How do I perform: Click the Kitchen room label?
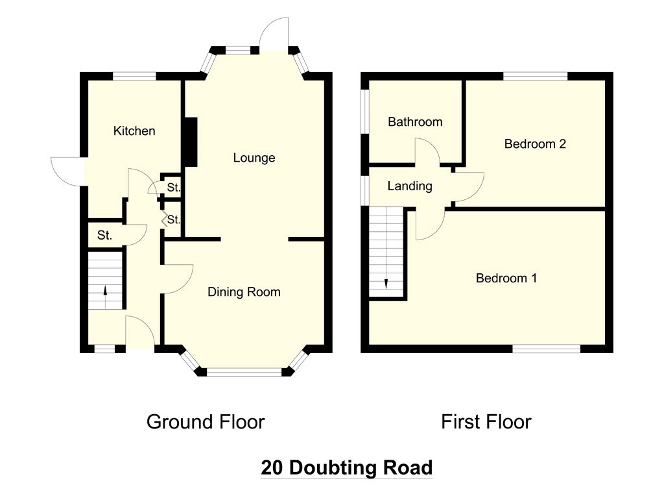pyautogui.click(x=134, y=130)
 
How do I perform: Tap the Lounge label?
pyautogui.click(x=254, y=158)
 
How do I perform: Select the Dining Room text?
pyautogui.click(x=244, y=292)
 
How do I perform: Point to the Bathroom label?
pyautogui.click(x=415, y=122)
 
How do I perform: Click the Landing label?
pyautogui.click(x=410, y=186)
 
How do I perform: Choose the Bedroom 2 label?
pyautogui.click(x=535, y=144)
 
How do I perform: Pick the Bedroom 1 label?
pyautogui.click(x=506, y=278)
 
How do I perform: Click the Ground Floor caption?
pyautogui.click(x=206, y=422)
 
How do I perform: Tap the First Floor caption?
pyautogui.click(x=486, y=422)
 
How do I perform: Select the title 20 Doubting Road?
pyautogui.click(x=347, y=467)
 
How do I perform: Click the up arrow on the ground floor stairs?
pyautogui.click(x=105, y=290)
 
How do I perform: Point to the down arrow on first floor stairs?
pyautogui.click(x=386, y=284)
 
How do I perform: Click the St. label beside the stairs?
pyautogui.click(x=104, y=235)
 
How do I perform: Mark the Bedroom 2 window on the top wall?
pyautogui.click(x=535, y=77)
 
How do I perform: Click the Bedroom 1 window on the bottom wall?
pyautogui.click(x=546, y=349)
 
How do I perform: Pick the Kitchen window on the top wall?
pyautogui.click(x=134, y=77)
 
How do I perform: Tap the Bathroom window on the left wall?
pyautogui.click(x=364, y=112)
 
